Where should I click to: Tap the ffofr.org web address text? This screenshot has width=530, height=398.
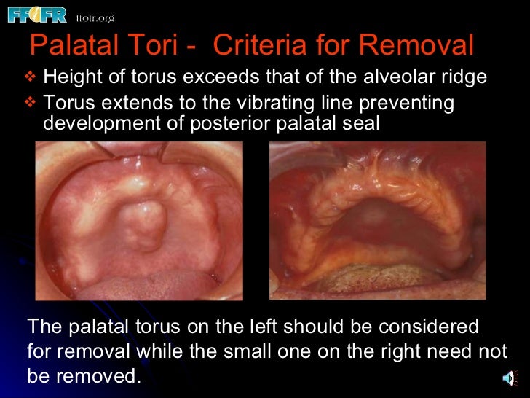point(95,17)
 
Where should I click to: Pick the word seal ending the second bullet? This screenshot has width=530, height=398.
point(360,122)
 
